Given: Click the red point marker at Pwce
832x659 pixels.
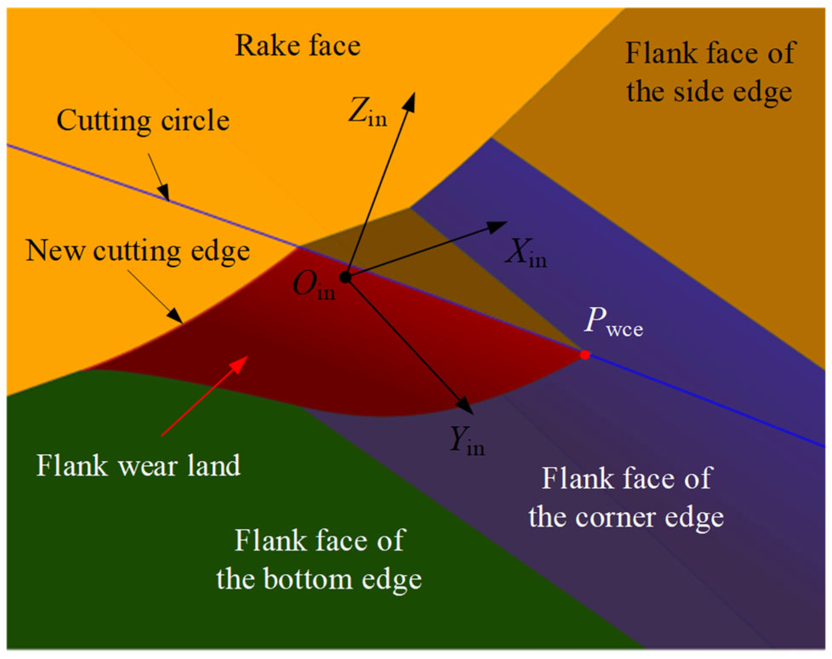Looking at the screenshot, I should point(585,354).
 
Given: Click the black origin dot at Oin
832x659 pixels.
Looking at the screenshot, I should point(345,278).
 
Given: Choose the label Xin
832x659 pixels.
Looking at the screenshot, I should point(526,253).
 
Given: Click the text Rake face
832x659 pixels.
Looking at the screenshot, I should point(298,45).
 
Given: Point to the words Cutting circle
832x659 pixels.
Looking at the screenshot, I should point(143,120).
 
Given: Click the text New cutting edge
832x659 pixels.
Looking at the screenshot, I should point(137,250).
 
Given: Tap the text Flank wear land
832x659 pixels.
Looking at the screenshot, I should point(138,466).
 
